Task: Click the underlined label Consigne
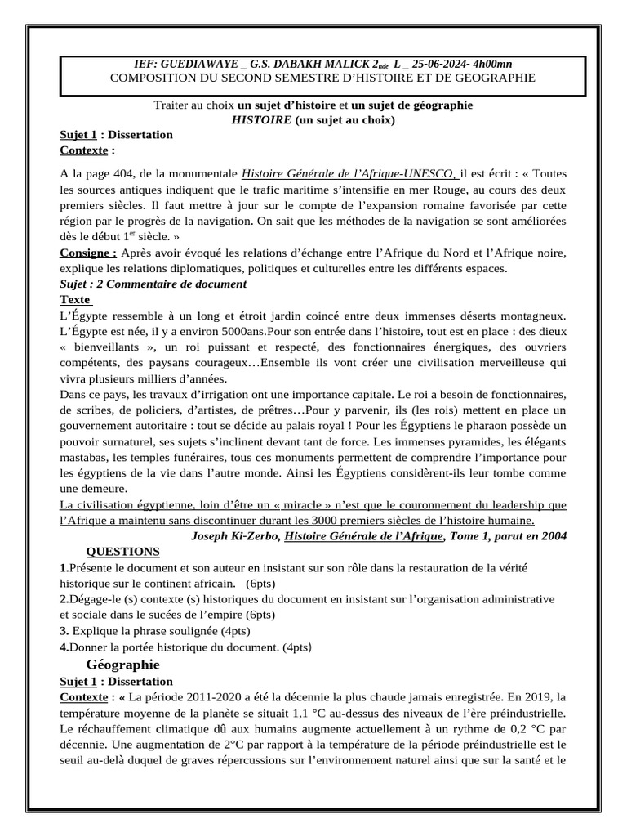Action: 87,253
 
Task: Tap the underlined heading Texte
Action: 75,299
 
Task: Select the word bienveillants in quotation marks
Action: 108,347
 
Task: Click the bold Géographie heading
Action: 122,664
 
